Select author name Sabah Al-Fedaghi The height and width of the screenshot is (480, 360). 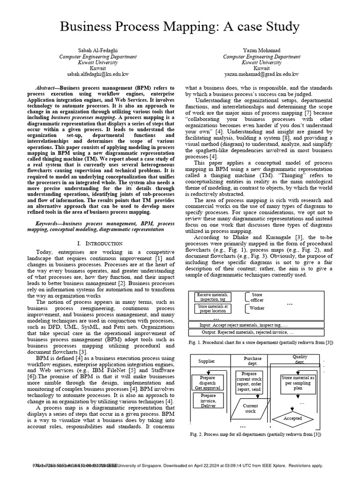point(98,50)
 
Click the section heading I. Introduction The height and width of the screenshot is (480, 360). point(99,244)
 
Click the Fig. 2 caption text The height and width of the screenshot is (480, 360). point(255,435)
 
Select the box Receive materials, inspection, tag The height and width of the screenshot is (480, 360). point(213,297)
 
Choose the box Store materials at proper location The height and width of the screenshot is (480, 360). point(213,308)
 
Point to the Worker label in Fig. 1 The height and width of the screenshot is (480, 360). point(257,308)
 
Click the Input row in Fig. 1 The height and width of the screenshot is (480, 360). point(258,324)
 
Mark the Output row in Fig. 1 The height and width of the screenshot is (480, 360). point(258,332)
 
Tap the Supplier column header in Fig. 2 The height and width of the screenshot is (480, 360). point(207,361)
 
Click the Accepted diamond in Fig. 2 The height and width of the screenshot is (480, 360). point(293,418)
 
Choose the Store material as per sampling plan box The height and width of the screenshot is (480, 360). point(298,382)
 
